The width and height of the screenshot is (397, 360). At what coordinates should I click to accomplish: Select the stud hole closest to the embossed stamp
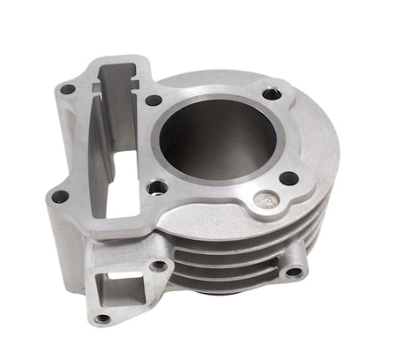coord(288,179)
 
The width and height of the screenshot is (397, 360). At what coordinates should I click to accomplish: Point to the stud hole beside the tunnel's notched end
coord(153,101)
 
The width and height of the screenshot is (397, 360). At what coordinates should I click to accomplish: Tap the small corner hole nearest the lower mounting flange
coord(60,197)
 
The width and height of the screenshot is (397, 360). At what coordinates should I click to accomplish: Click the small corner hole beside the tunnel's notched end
coord(67,89)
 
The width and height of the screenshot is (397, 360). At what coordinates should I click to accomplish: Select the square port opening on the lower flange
coord(116,287)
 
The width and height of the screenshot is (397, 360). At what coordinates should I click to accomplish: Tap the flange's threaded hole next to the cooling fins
coord(159,265)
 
